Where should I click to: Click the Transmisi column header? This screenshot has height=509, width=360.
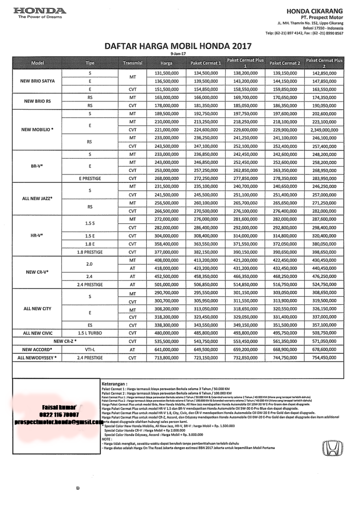click(x=133, y=63)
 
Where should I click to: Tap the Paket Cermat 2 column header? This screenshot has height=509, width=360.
click(x=284, y=63)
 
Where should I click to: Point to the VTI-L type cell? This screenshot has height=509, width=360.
click(x=90, y=349)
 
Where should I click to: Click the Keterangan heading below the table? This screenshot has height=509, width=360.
click(x=114, y=384)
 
